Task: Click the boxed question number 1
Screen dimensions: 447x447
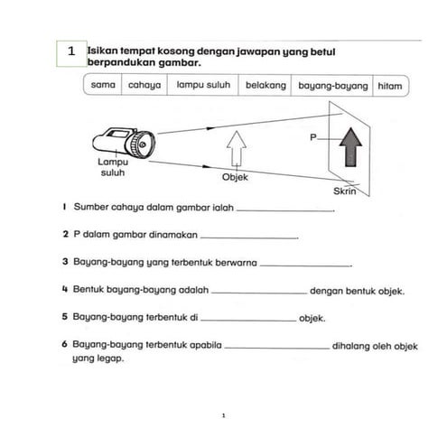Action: click(72, 52)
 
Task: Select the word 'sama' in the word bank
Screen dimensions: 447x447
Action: click(101, 86)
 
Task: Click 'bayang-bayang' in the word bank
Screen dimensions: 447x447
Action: click(333, 86)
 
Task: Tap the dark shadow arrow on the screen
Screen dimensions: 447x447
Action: click(351, 148)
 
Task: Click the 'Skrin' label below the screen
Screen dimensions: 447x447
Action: click(347, 192)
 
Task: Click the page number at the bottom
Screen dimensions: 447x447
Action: click(223, 416)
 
